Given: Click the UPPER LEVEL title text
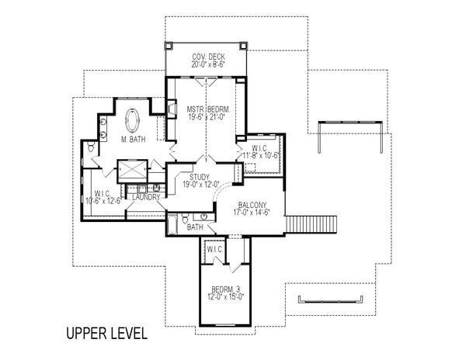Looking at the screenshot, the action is (x=106, y=334).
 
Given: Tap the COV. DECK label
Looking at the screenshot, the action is (x=208, y=57).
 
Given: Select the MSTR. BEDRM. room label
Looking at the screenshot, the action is (x=208, y=109).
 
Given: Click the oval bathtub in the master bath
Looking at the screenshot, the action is (x=132, y=120).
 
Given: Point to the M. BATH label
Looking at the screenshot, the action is (x=134, y=139).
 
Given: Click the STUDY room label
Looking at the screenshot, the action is (x=200, y=177).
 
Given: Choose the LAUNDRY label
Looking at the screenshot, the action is (x=146, y=197).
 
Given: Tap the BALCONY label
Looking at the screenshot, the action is (x=252, y=205).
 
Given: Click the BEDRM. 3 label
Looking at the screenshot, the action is (x=225, y=289).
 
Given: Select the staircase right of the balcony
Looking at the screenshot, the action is (x=311, y=224).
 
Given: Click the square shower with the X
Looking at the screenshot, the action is (x=133, y=171).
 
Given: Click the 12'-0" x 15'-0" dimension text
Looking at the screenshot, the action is (x=226, y=296).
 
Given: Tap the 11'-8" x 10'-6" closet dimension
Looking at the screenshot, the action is (x=261, y=155).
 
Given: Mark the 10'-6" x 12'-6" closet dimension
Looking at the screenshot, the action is (x=104, y=201).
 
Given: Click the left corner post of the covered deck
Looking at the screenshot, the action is (x=169, y=46).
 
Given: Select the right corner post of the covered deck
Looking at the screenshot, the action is (x=243, y=46).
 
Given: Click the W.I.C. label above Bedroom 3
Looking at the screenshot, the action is (x=215, y=250).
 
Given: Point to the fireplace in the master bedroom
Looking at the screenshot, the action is (x=172, y=109).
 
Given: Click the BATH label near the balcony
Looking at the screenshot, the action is (x=195, y=227).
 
